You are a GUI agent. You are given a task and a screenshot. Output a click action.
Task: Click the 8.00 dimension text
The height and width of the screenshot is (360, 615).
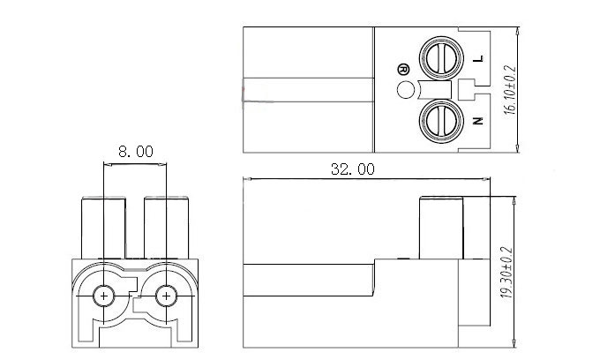[136, 152]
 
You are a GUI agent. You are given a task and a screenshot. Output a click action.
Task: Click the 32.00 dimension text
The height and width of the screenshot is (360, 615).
[353, 169]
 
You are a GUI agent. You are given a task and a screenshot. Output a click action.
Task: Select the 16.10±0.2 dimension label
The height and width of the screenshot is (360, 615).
[510, 90]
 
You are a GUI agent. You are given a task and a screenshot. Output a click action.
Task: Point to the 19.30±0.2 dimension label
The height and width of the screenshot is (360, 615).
[506, 273]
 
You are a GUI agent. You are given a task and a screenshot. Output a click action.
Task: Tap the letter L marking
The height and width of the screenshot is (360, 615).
[478, 58]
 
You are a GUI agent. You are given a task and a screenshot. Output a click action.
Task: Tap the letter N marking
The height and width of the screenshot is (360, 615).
[477, 121]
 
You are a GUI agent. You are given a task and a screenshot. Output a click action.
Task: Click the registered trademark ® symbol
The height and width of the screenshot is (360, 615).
[403, 70]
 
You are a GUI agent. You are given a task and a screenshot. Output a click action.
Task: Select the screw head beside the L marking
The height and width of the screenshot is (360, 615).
[441, 58]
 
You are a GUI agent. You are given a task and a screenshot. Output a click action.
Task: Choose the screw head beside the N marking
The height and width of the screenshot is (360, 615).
[441, 121]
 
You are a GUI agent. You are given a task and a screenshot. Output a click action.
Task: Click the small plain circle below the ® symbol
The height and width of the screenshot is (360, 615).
[406, 90]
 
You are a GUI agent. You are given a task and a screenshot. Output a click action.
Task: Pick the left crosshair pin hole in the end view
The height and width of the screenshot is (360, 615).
[103, 296]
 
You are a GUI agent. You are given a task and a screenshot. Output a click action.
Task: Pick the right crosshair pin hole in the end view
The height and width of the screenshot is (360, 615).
[166, 296]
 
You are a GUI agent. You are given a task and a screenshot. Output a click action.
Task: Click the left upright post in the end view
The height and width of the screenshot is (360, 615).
[103, 228]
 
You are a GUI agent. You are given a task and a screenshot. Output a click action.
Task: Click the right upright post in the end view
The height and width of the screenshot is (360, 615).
[166, 228]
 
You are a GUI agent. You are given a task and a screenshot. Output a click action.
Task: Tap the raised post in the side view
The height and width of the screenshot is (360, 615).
[441, 228]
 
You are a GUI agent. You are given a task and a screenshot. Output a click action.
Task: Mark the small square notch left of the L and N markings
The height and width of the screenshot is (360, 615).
[467, 89]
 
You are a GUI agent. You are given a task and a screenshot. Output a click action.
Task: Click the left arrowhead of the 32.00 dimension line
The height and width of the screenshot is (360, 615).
[247, 179]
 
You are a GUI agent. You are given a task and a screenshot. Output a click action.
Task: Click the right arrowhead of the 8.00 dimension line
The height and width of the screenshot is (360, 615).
[162, 164]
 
